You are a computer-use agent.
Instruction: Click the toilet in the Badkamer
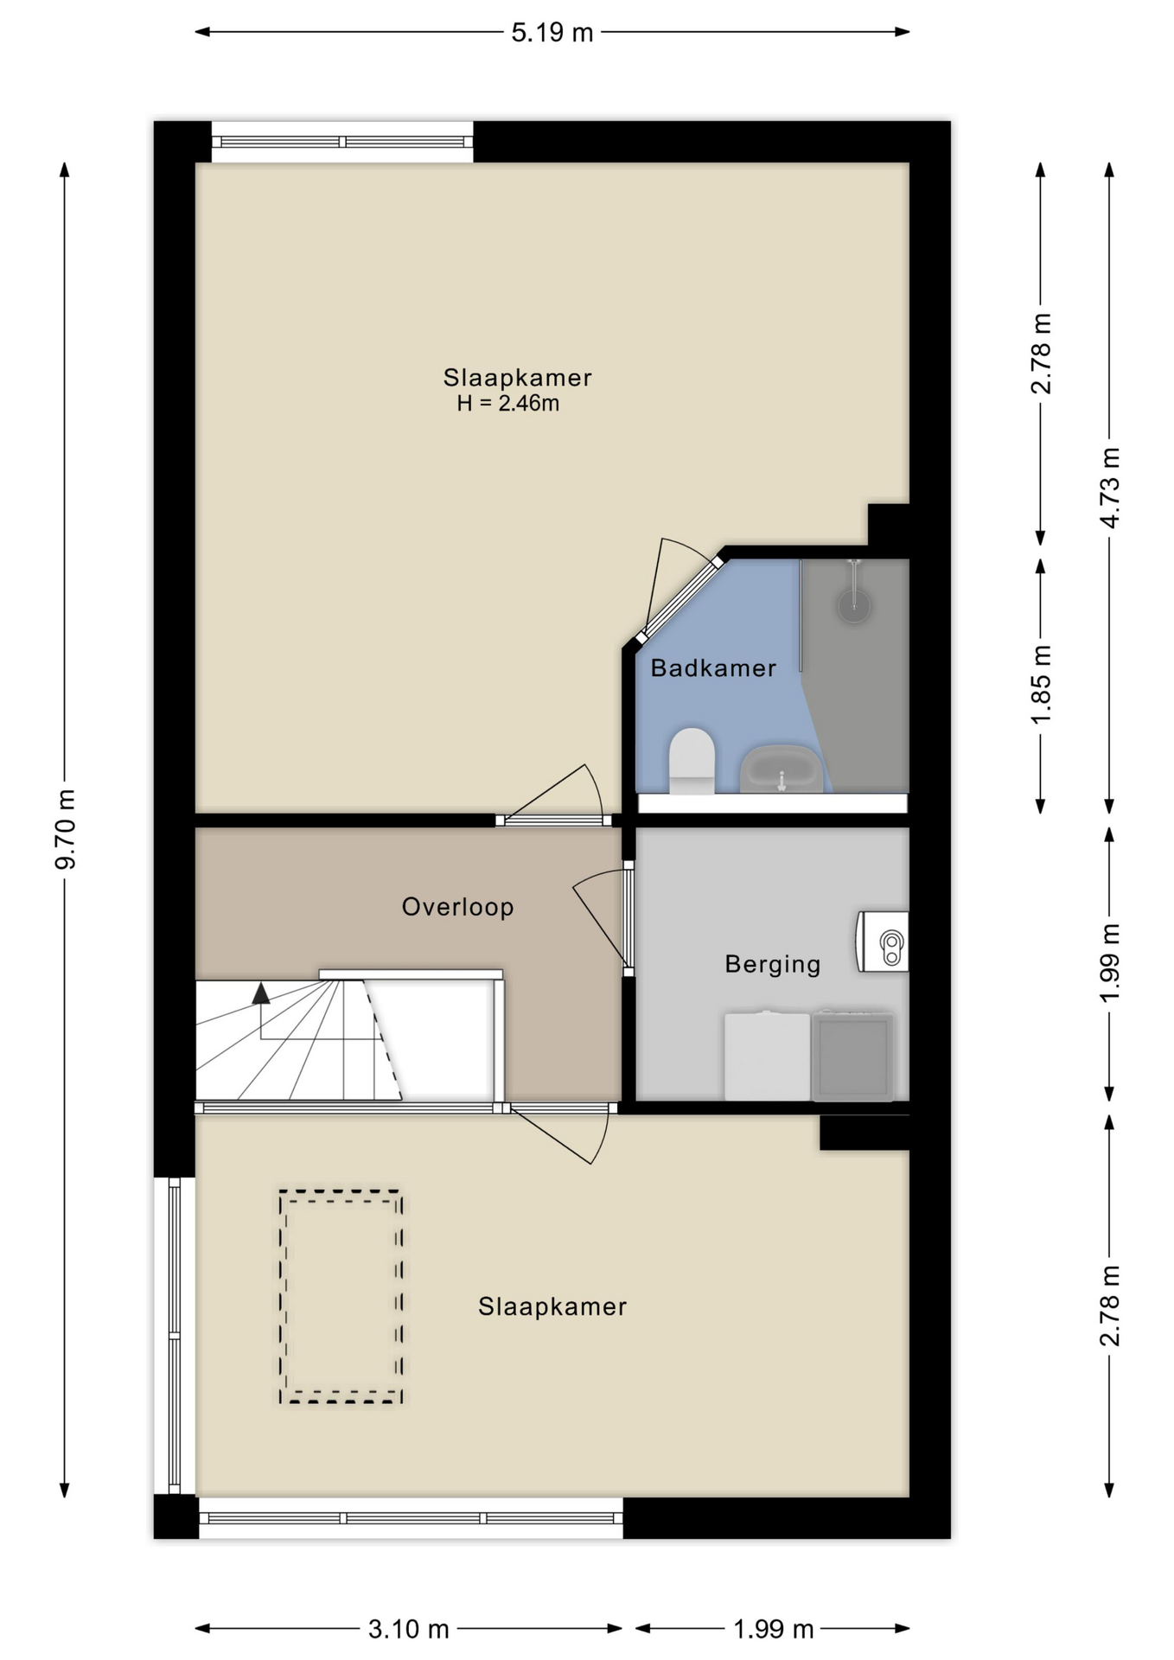(692, 761)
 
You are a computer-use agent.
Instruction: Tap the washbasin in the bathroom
(781, 769)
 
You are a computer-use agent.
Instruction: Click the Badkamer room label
(713, 667)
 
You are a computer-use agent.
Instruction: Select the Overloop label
(457, 906)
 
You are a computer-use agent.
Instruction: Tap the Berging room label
(773, 964)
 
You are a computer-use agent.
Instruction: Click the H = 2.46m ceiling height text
(508, 403)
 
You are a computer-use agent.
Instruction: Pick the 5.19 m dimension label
(552, 33)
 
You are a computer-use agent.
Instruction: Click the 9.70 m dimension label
(66, 829)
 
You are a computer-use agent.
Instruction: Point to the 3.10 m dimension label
(409, 1630)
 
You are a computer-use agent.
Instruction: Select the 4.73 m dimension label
(1110, 488)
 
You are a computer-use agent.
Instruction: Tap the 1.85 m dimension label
(1042, 685)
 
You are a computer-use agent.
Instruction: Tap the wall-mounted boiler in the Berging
(882, 942)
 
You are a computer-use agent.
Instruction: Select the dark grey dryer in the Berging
(852, 1056)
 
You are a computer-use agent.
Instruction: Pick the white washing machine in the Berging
(767, 1057)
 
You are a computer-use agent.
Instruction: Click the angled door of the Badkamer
(680, 599)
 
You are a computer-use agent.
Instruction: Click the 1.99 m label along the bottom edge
(774, 1630)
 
